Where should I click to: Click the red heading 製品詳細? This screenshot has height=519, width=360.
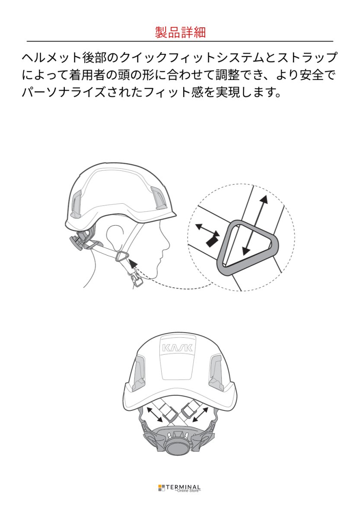click(180, 32)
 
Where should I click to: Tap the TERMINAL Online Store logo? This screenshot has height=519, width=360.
click(180, 488)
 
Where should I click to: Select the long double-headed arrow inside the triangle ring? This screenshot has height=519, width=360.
click(255, 224)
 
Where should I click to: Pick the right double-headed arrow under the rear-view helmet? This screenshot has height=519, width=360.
click(200, 414)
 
